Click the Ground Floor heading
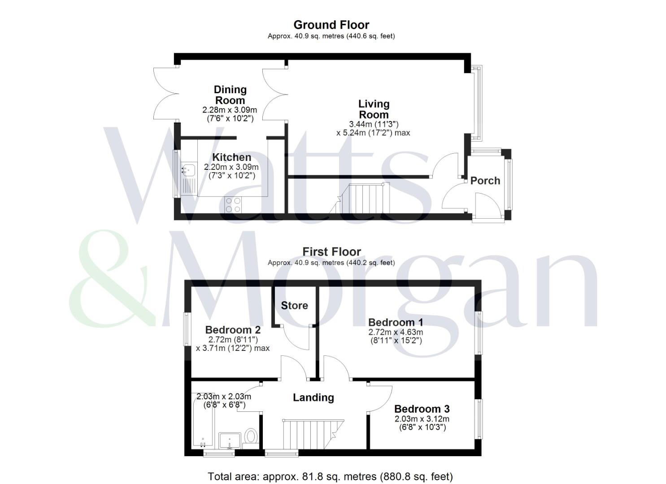(x=331, y=25)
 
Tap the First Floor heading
(x=331, y=252)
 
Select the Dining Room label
(x=230, y=95)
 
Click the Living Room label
(x=374, y=109)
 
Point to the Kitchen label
(x=231, y=157)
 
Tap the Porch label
(x=485, y=181)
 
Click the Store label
(x=294, y=306)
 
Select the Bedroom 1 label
(x=396, y=322)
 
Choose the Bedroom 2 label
(x=233, y=330)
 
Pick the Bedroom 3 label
(x=422, y=409)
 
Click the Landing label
(x=313, y=398)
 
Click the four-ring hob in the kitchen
(x=233, y=205)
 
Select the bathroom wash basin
(x=230, y=441)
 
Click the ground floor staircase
(x=360, y=198)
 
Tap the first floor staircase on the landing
(x=313, y=434)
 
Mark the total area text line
(x=330, y=476)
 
